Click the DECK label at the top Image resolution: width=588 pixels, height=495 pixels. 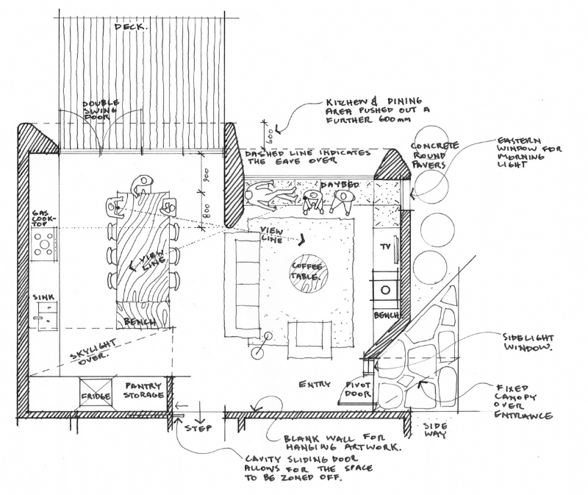[x=131, y=27]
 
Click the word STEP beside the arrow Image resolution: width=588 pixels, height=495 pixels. [x=199, y=428]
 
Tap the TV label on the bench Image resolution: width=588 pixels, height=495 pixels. [x=384, y=249]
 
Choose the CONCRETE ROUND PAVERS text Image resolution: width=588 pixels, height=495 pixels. [x=435, y=155]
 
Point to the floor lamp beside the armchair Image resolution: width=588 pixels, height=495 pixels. [x=257, y=352]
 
